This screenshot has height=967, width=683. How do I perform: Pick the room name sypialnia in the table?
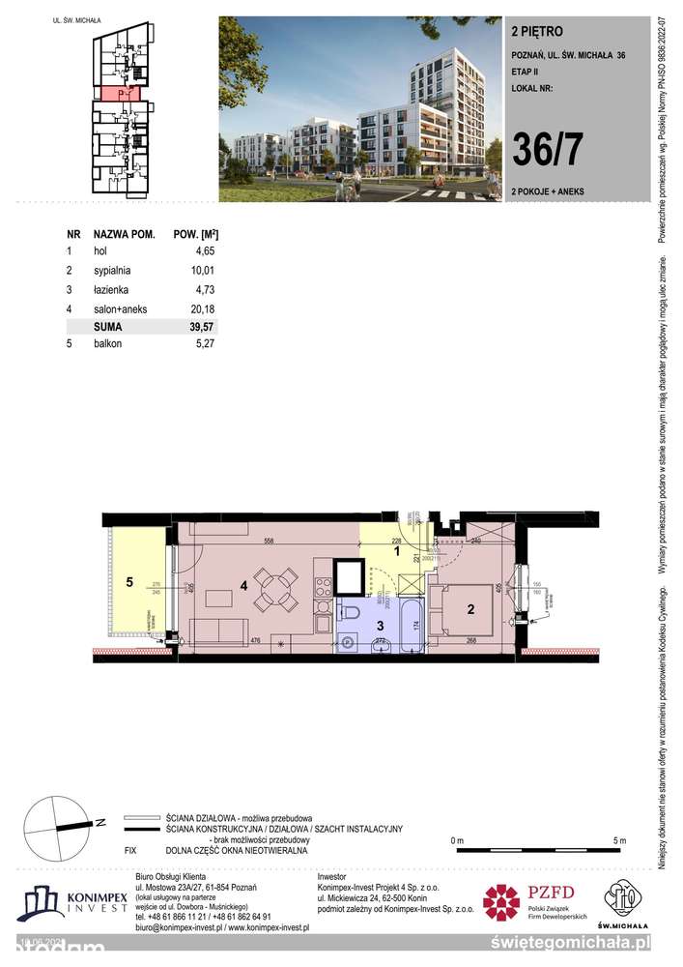click(113, 272)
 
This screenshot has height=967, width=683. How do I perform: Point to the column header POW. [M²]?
click(194, 235)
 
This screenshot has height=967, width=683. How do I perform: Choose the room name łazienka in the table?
click(112, 290)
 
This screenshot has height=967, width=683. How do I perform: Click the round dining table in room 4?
click(275, 590)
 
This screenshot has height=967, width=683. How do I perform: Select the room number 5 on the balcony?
click(128, 582)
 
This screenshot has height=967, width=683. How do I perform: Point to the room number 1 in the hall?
click(397, 552)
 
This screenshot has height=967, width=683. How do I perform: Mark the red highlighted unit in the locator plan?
click(118, 94)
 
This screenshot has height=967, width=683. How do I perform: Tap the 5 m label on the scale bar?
click(619, 839)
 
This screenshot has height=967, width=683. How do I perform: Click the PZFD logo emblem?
click(500, 901)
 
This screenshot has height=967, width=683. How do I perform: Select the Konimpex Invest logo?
click(71, 903)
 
